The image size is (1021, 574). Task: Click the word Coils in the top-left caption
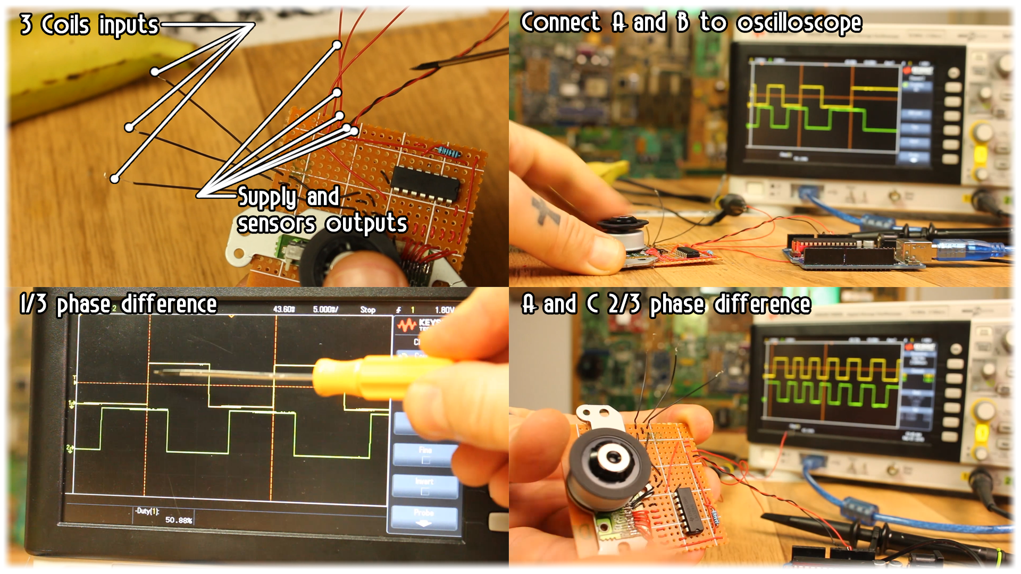click(65, 25)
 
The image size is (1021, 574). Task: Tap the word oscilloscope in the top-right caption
click(799, 23)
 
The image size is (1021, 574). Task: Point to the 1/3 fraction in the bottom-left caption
click(33, 305)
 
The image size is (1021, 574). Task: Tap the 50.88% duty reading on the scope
click(179, 520)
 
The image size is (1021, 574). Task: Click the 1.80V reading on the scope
click(445, 310)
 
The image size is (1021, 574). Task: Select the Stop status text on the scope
click(367, 310)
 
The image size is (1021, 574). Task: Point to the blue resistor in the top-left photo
click(448, 153)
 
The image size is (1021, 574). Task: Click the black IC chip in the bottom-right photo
click(689, 510)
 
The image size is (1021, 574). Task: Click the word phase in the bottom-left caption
click(84, 305)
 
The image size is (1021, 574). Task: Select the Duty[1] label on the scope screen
click(147, 511)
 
